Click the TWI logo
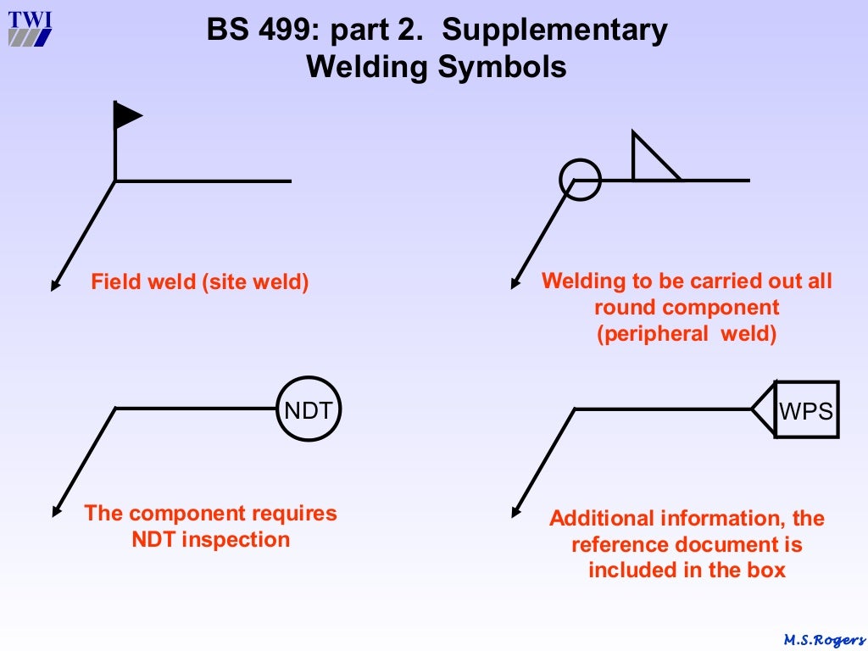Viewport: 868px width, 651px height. pos(30,27)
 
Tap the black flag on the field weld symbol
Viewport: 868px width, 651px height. pos(126,115)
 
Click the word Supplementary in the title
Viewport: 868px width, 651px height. pos(554,31)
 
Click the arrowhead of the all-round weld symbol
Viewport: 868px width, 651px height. pos(515,284)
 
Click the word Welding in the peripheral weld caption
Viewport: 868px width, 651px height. pos(579,281)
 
